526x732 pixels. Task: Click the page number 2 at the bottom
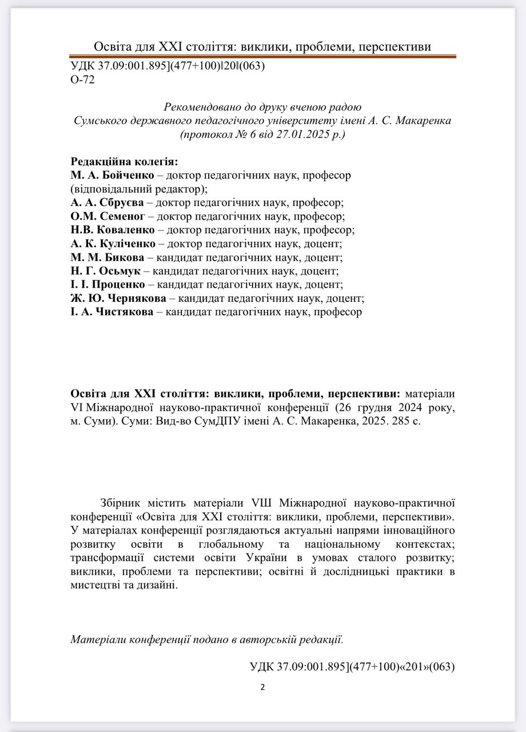(262, 687)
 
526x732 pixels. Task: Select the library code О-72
(82, 79)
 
